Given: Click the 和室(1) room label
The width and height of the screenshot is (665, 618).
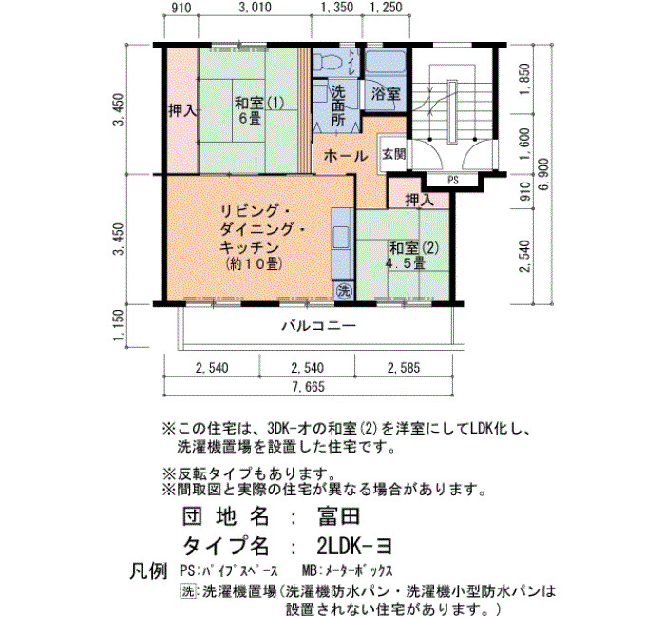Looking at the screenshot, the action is coord(259,103).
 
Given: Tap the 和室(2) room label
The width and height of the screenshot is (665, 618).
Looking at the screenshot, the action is coord(414,247).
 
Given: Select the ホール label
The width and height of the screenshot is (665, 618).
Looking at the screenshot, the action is coord(345,156).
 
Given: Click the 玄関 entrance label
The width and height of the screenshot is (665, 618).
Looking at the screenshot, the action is coord(394,154).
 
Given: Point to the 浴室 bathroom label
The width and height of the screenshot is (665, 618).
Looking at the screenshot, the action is coord(386,93).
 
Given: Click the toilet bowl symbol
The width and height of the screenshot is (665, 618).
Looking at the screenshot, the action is coord(332,63).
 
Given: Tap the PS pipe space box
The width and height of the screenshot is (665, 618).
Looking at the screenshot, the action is coord(453,181).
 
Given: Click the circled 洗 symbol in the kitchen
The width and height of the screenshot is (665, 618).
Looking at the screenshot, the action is coord(344,291).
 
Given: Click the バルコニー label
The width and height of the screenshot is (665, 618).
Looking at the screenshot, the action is coord(319,326).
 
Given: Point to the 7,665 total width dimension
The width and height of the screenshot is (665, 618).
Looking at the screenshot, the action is coord(308,387).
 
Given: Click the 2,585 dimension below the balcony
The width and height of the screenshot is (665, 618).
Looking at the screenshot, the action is coord(404,368).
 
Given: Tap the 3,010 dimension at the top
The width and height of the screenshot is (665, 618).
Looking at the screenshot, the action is coord(255,8).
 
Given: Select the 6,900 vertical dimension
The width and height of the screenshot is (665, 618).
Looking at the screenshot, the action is coord(544,174).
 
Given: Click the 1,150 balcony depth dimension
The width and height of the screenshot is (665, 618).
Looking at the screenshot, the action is coord(119,325).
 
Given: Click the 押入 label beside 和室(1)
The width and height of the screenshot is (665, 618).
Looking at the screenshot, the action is coord(182,111).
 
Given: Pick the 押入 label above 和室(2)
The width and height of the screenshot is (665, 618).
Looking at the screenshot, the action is coord(420,200).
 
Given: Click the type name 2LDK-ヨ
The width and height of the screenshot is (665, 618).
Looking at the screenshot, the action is coord(354,546).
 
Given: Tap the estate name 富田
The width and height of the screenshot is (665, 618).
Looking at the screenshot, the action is coord(338,516).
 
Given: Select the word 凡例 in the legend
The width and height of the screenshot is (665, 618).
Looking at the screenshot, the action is coord(148,571).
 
